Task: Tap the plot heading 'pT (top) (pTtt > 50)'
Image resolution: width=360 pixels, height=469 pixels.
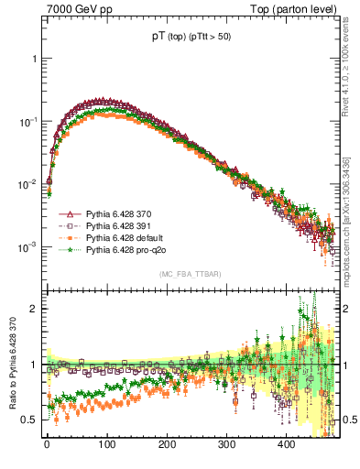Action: [192, 38]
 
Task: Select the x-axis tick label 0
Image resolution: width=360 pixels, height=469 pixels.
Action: [47, 443]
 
